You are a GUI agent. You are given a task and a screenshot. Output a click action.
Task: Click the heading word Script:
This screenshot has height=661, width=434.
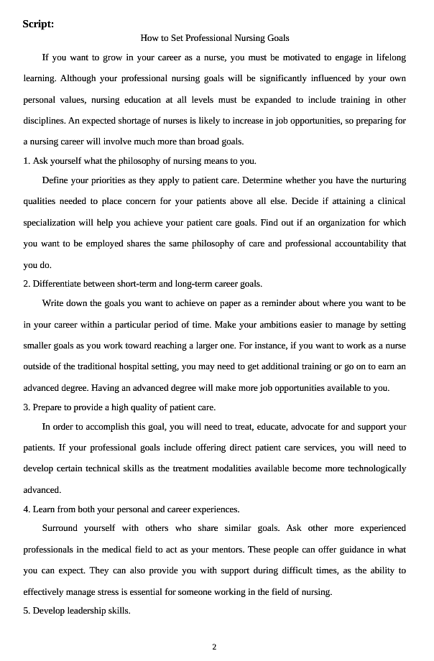point(38,24)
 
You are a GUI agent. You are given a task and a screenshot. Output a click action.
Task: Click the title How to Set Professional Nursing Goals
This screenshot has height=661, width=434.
point(214,37)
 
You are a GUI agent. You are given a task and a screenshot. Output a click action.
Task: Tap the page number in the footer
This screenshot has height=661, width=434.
point(214,647)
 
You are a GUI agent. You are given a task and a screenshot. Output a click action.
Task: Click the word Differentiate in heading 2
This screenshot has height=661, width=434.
point(58,283)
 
